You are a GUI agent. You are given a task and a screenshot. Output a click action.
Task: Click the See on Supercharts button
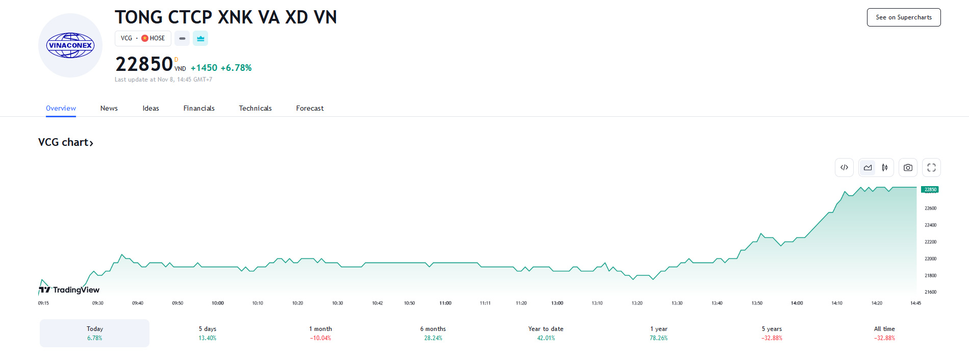904,17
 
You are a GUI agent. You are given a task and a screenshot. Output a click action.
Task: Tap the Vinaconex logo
70,45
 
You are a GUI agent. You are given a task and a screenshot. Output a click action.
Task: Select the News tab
109,108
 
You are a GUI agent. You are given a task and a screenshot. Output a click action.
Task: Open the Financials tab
199,108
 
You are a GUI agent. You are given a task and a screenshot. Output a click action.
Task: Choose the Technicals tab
255,108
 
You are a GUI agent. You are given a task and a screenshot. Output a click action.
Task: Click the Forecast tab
310,108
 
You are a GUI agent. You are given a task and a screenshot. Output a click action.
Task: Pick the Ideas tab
150,108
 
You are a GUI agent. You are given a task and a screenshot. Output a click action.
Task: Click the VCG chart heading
65,142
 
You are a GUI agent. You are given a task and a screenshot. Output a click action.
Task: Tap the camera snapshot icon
908,167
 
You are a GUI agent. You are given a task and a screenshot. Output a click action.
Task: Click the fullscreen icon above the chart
931,167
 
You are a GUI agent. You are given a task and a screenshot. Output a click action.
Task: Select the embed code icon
844,167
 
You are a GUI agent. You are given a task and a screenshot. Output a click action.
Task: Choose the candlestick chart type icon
885,167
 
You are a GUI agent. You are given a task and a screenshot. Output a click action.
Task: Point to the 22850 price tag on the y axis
930,190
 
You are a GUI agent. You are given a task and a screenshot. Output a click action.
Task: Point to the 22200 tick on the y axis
930,242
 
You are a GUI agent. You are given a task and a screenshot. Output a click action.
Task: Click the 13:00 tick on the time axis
557,303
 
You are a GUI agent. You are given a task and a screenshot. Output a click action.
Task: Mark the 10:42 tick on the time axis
377,303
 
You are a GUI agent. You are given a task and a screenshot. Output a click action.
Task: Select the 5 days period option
208,333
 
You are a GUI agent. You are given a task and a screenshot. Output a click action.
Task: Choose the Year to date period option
546,333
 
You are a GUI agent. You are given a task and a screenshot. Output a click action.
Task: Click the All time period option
884,333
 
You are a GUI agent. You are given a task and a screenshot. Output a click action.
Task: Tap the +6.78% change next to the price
236,68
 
